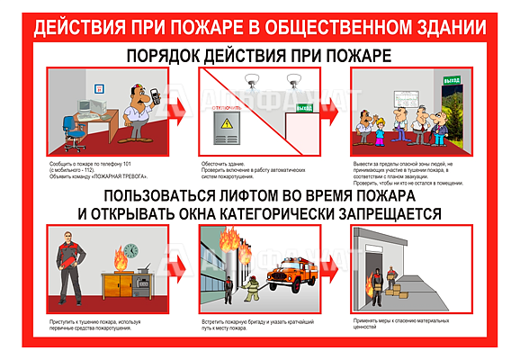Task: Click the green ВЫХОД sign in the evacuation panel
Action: (452, 82)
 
